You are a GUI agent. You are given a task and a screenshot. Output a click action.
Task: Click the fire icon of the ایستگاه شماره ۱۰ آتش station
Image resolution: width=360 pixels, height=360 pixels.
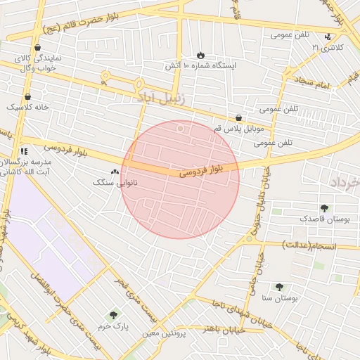tap(200, 54)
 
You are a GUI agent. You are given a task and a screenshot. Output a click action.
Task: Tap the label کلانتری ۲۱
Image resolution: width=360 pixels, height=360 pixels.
tap(328, 48)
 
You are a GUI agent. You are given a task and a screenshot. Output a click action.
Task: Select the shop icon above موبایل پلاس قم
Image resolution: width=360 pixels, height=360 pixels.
tap(239, 118)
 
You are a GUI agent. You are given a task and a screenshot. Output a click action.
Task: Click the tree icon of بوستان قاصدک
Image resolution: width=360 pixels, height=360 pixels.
tap(324, 208)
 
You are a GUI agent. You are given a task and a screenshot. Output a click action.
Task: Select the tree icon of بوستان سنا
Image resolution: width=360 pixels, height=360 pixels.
tap(279, 287)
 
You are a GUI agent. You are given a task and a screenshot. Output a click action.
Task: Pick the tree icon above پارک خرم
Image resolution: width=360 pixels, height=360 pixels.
tap(113, 316)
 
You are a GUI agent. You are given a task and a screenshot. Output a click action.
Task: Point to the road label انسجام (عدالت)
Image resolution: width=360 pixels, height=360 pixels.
tap(309, 246)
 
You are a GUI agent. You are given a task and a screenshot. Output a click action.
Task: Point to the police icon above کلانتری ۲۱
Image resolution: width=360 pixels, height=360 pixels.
tap(328, 37)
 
